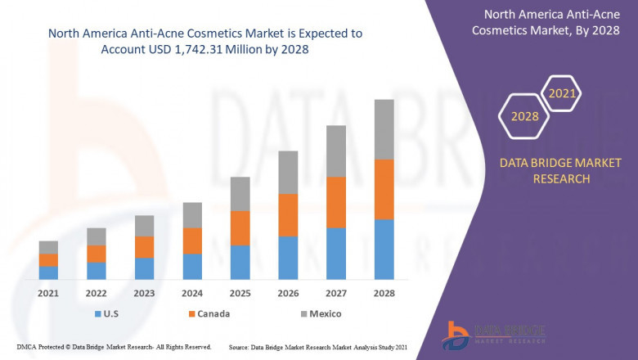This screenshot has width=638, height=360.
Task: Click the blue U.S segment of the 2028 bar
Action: pyautogui.click(x=384, y=250)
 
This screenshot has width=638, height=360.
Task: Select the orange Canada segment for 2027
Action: pyautogui.click(x=336, y=202)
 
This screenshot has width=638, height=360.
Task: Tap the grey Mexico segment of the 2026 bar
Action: pyautogui.click(x=288, y=172)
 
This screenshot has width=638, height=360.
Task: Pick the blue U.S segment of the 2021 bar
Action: pyautogui.click(x=48, y=272)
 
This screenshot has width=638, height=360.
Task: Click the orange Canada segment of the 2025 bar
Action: pyautogui.click(x=240, y=227)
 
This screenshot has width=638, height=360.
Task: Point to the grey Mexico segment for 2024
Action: pyautogui.click(x=192, y=214)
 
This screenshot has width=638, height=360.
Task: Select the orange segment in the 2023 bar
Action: pyautogui.click(x=144, y=246)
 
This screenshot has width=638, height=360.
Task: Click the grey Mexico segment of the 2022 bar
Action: pyautogui.click(x=97, y=236)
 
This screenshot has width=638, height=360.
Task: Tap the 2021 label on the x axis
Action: pyautogui.click(x=48, y=293)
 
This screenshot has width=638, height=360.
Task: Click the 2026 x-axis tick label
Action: pyautogui.click(x=288, y=293)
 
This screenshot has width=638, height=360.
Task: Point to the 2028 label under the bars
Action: pyautogui.click(x=384, y=293)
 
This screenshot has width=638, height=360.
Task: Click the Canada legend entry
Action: pyautogui.click(x=208, y=313)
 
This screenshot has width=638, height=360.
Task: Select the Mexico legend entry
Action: pyautogui.click(x=319, y=313)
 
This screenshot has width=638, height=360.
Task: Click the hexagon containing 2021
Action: pyautogui.click(x=562, y=94)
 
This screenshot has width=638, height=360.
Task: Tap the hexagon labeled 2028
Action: pyautogui.click(x=524, y=117)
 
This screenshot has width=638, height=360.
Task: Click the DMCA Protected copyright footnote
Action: pyautogui.click(x=115, y=347)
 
